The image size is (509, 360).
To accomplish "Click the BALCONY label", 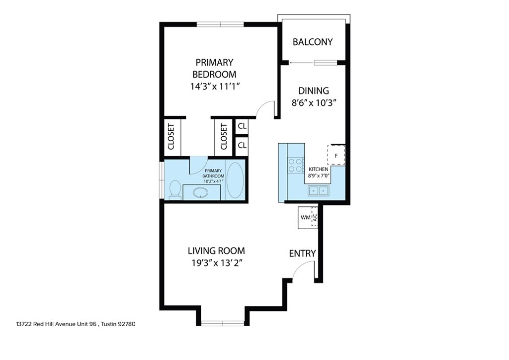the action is coord(313,42).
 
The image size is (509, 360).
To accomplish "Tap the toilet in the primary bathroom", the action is coord(175,189).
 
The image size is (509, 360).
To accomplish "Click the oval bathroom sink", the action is coord(201,193).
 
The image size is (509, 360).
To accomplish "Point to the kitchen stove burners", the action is coord(295,165).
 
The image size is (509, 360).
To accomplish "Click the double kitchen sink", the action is coord(318,191).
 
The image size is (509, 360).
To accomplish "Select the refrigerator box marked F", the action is coord(336,156).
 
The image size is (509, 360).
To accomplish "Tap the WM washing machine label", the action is coord(306,217).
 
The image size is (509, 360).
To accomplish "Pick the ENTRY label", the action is coord(302,253).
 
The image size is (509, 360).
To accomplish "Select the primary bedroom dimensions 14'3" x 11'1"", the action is coord(215,87).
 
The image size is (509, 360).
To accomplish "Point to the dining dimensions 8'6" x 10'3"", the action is coord(313,103).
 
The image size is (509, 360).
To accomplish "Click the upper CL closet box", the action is coord(242,126).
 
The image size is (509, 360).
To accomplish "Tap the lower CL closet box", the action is coord(242,145).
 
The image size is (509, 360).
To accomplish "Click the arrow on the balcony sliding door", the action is coord(302,63).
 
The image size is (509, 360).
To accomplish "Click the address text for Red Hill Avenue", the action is coord(76,324).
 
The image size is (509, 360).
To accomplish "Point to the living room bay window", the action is coord(223,323).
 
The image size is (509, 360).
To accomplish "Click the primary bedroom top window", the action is coord(220,24).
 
